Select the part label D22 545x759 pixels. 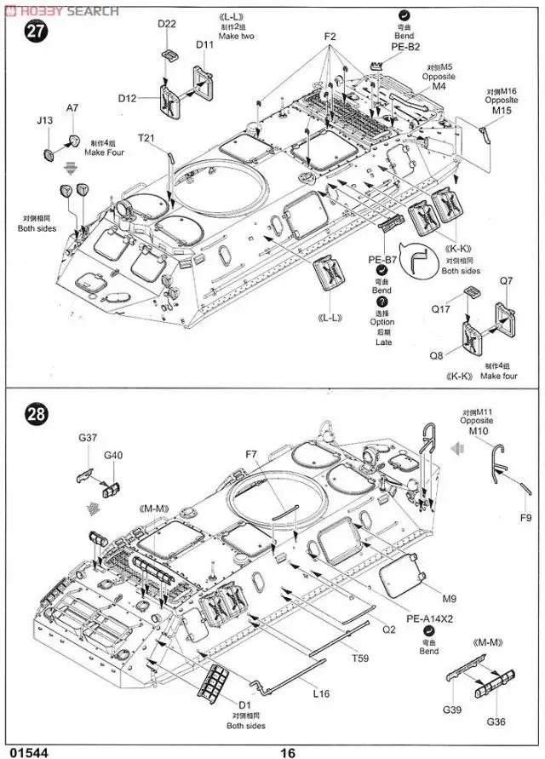[x=167, y=24]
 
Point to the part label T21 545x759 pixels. [x=147, y=139]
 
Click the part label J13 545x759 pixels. [x=45, y=121]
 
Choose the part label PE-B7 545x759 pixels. [x=382, y=259]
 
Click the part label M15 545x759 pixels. [x=502, y=111]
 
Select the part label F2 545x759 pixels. [x=330, y=37]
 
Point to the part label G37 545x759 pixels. [x=88, y=438]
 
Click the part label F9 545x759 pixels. [x=528, y=518]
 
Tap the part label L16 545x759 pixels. [x=321, y=693]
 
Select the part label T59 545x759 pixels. [x=363, y=657]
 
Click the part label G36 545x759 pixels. [x=496, y=722]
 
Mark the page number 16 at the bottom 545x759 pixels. [x=286, y=752]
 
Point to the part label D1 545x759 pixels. [x=244, y=704]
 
